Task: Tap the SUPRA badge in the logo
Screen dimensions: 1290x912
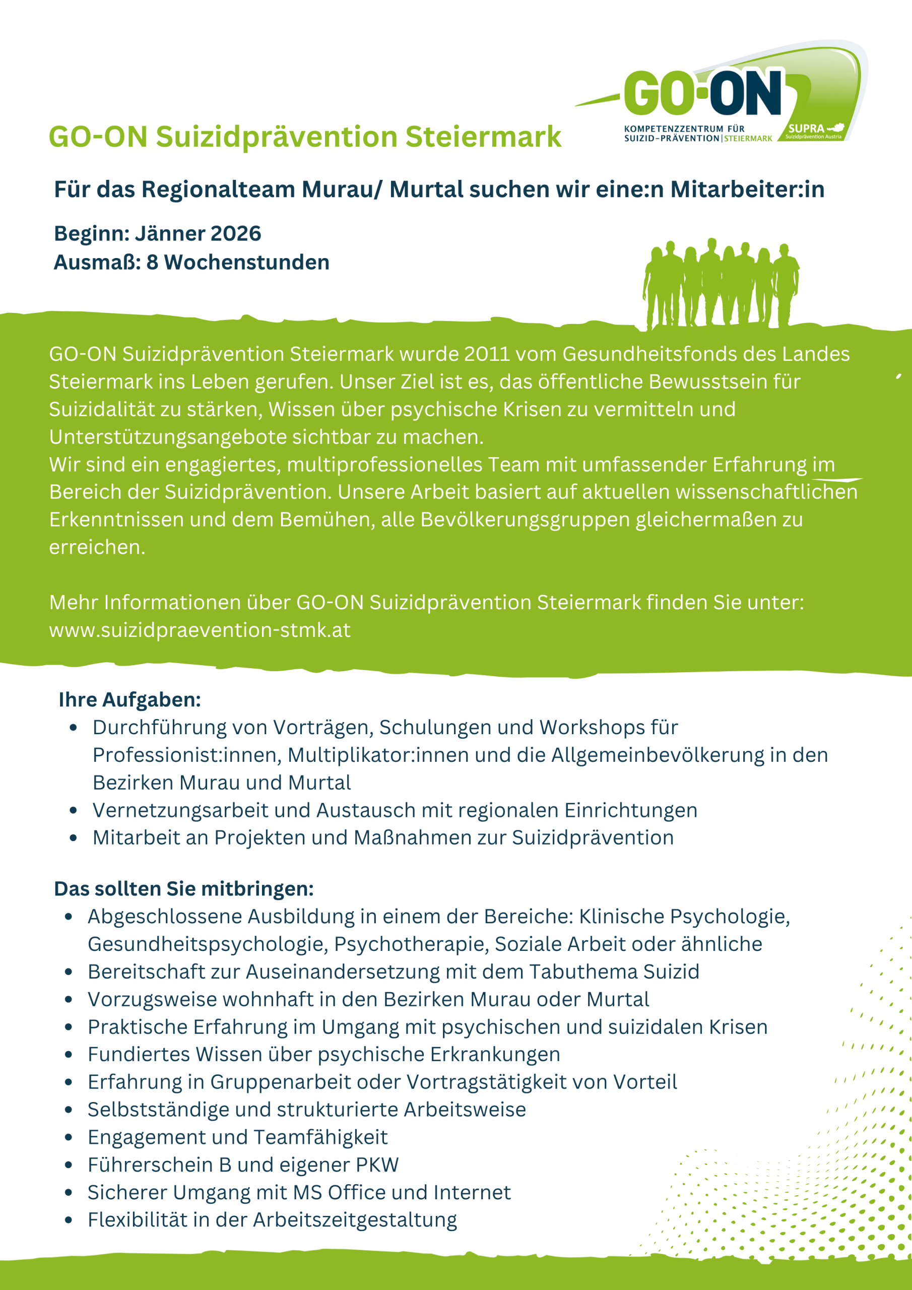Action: [x=813, y=131]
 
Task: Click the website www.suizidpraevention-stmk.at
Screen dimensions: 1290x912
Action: [x=200, y=630]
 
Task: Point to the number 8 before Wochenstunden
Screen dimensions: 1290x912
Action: [x=152, y=263]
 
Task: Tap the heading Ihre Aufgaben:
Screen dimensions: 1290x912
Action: [x=129, y=699]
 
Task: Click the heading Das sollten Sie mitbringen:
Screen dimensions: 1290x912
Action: [x=184, y=888]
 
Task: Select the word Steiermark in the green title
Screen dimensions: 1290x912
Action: [x=483, y=137]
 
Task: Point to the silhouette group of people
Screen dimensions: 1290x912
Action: [x=722, y=284]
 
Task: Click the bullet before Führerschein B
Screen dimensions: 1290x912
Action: [x=69, y=1165]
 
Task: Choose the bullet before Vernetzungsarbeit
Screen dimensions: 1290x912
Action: [x=73, y=810]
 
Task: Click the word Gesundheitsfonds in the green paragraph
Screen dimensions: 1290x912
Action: [x=641, y=354]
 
